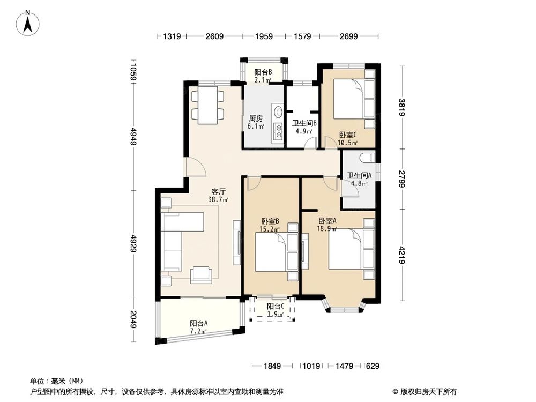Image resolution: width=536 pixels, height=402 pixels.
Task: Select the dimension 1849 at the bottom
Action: click(x=272, y=367)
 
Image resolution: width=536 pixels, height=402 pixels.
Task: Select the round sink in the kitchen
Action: click(x=278, y=113)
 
